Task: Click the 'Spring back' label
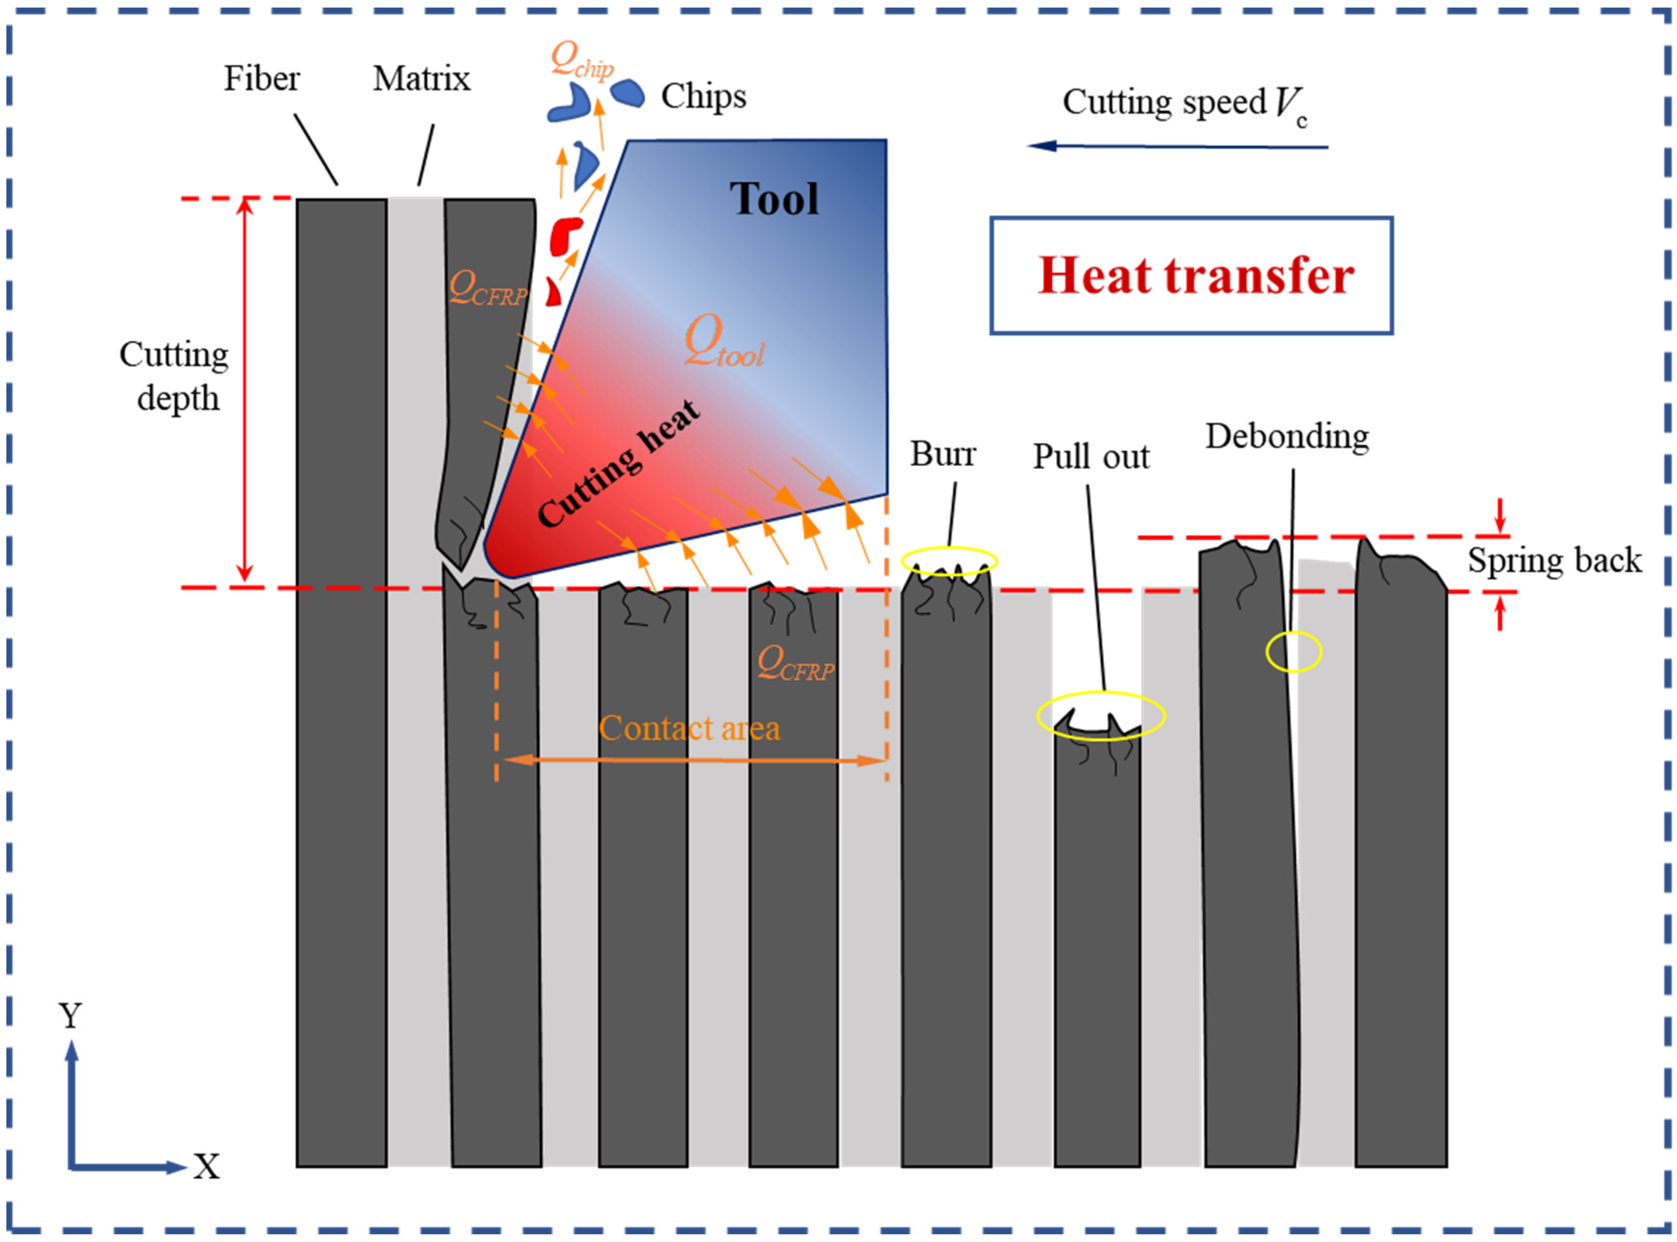(1554, 561)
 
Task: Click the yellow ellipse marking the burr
(948, 561)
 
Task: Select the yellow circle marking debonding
(1293, 651)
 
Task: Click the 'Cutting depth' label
(175, 376)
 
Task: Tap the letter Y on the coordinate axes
(70, 1016)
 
